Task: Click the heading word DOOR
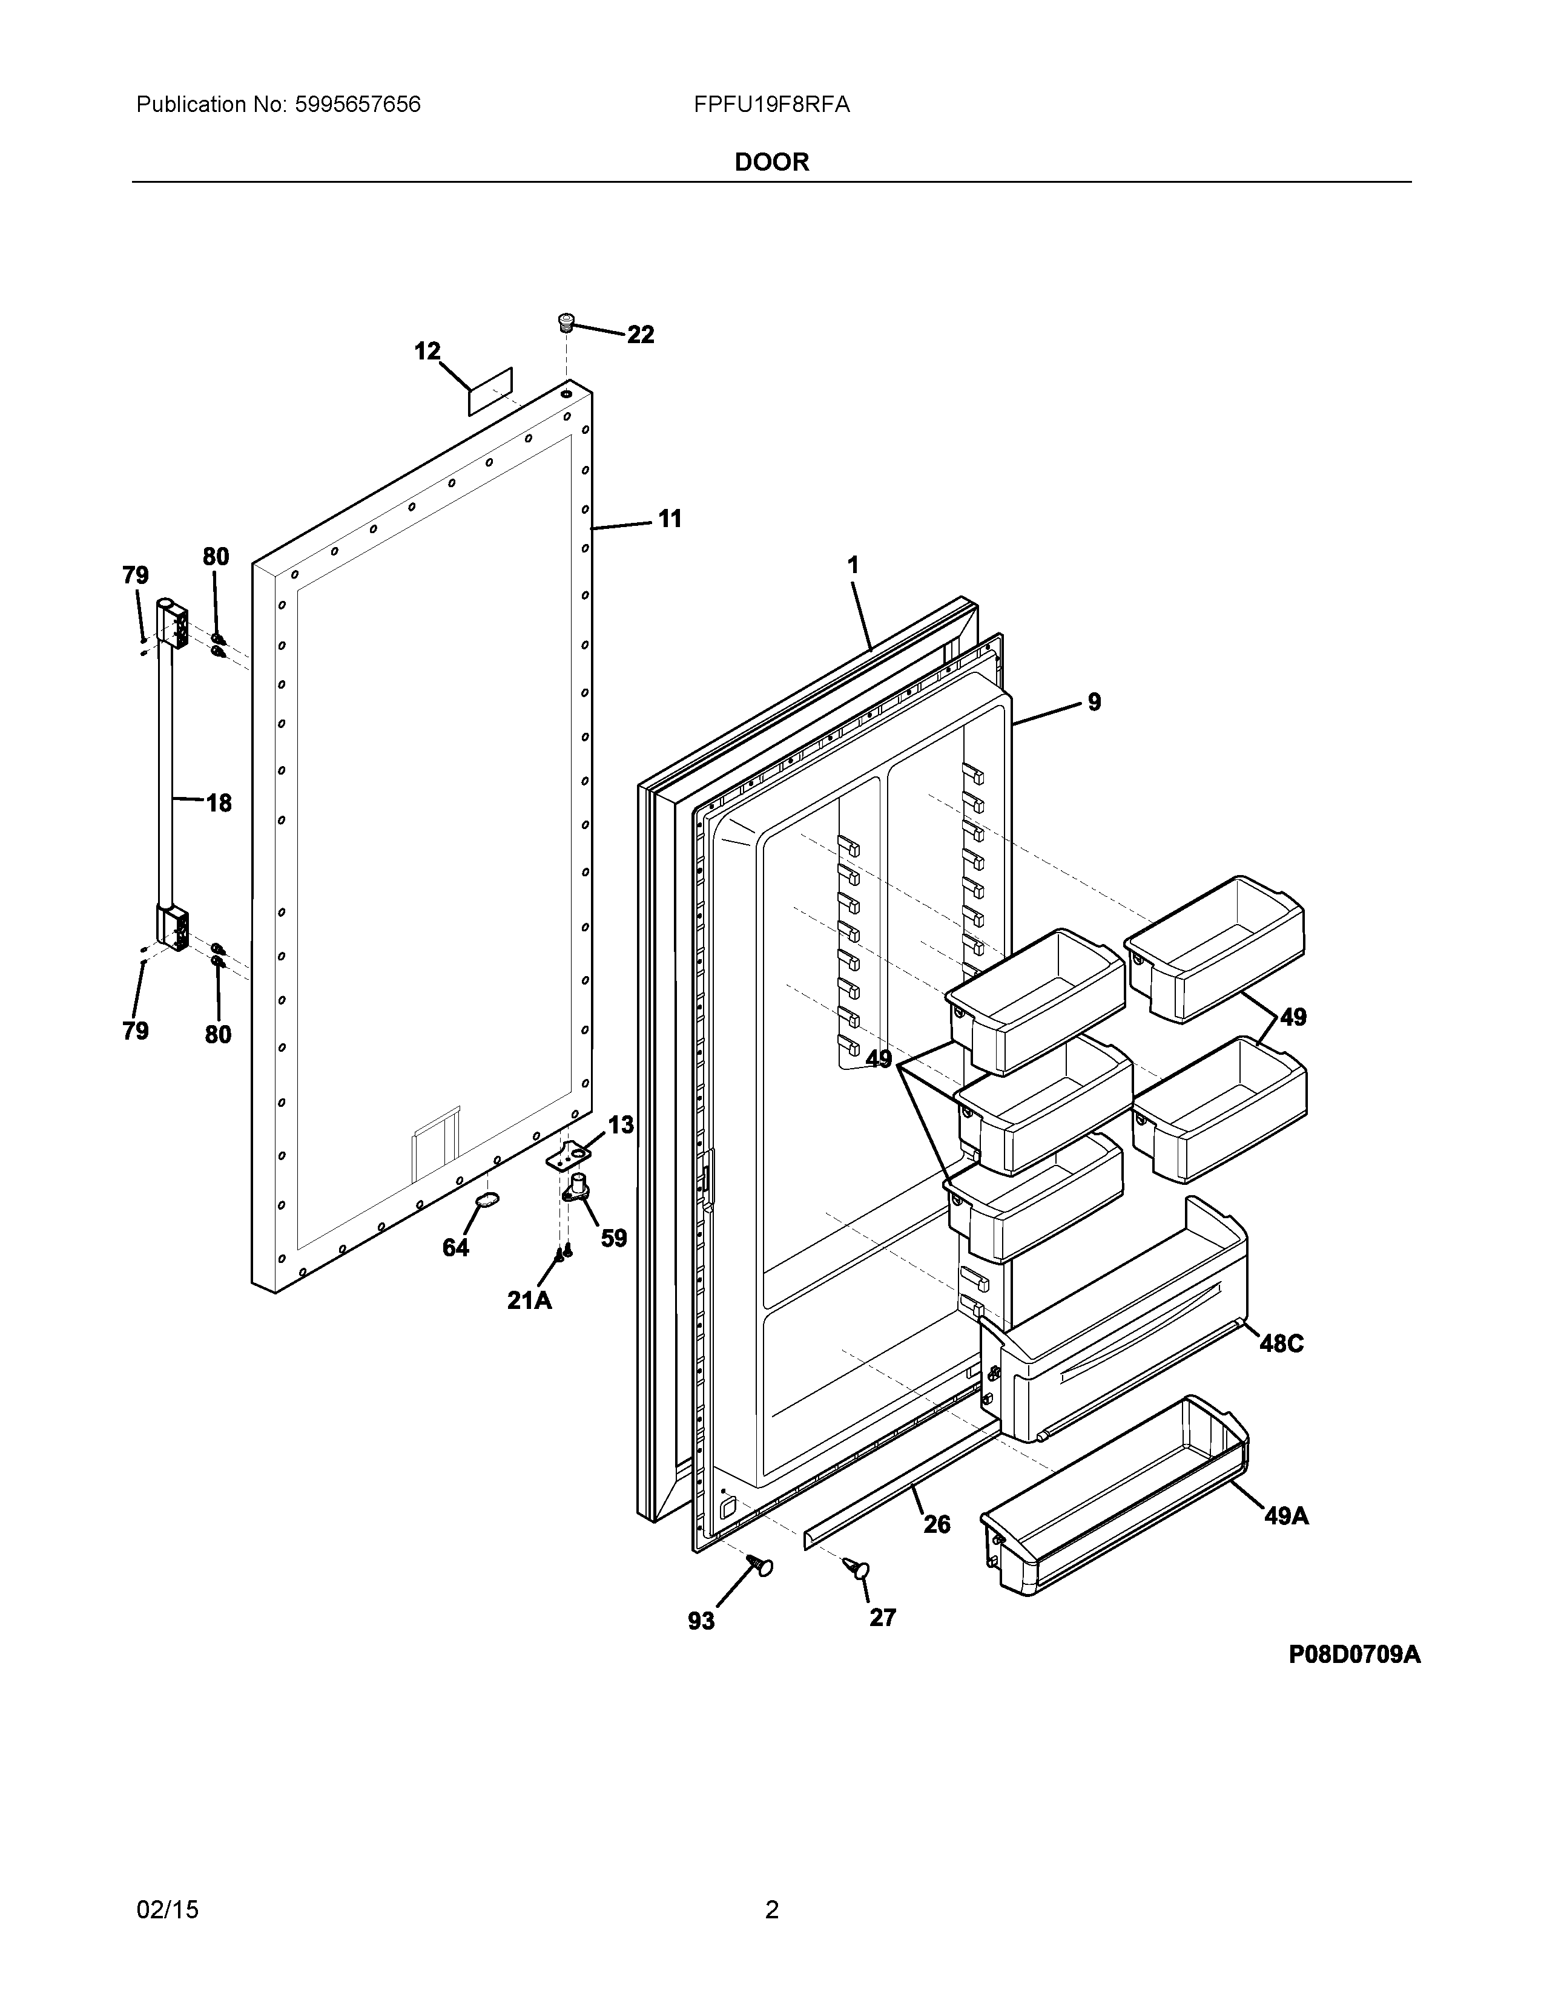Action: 771,163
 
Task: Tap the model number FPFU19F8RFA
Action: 771,105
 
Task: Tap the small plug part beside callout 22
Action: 566,322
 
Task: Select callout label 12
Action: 427,351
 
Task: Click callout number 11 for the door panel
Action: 670,519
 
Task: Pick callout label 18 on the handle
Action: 219,804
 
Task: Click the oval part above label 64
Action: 487,1201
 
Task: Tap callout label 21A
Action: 530,1300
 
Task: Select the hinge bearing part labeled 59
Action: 577,1187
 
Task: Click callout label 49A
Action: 1286,1516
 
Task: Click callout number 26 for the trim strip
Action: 937,1524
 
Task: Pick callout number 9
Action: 1094,702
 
